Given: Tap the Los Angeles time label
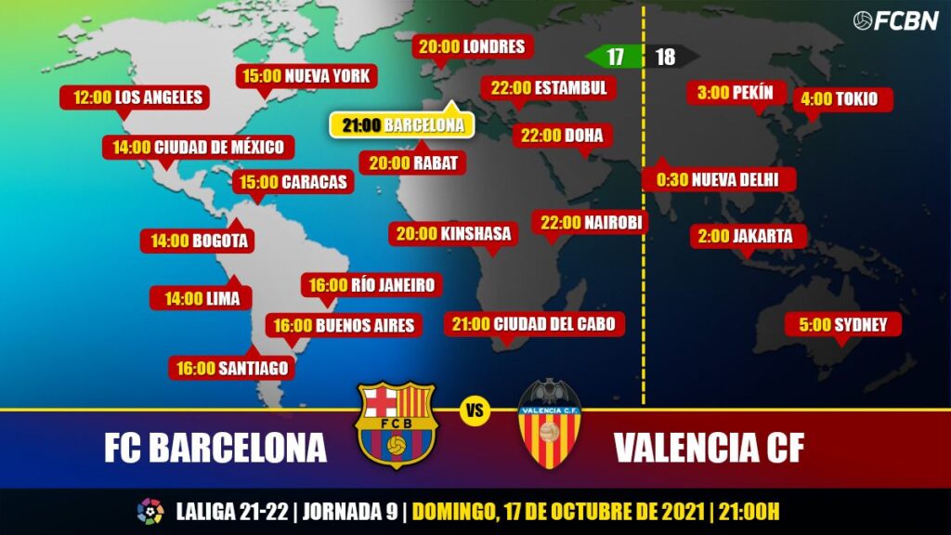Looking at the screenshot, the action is [x=131, y=98].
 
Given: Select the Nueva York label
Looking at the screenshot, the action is [x=306, y=76].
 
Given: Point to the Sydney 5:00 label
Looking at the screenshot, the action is [x=843, y=325].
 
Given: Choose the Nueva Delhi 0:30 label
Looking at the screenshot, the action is [x=717, y=180].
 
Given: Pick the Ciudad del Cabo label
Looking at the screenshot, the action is [x=534, y=324].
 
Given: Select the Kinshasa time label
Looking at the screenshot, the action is [x=453, y=234].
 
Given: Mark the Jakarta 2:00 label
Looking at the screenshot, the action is [x=746, y=236].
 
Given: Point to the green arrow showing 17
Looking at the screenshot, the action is [x=613, y=57].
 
